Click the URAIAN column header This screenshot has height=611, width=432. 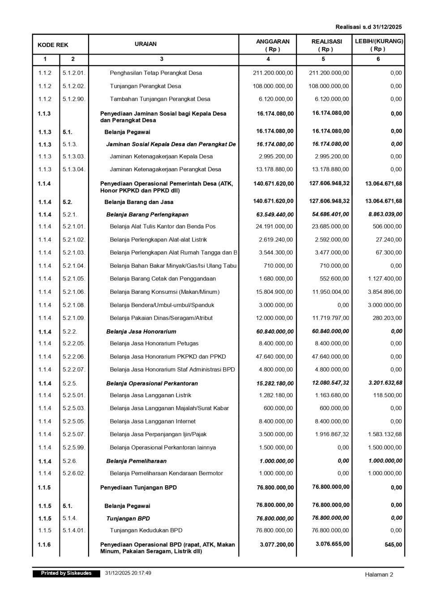point(145,44)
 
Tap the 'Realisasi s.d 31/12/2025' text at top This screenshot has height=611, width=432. point(368,27)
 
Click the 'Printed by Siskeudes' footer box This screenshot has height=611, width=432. point(66,573)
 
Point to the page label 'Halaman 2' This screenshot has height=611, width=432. point(379,575)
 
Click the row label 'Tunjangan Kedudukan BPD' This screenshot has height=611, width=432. point(146,530)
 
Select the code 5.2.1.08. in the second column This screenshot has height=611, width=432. point(74,305)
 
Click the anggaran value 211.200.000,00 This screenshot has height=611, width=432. point(273,73)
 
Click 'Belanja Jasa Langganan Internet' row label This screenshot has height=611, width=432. point(152,421)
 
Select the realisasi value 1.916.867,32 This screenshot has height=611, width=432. point(331,434)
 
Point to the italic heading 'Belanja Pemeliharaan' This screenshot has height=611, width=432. point(136,461)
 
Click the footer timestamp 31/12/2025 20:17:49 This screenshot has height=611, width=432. point(128,573)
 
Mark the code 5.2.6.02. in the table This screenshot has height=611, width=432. point(74,473)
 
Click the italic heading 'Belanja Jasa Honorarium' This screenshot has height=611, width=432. point(141,332)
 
